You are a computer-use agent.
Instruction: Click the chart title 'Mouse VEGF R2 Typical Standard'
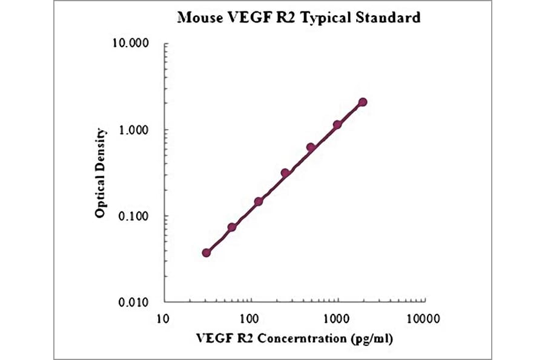tap(299, 17)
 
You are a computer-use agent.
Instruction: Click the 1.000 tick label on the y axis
tap(134, 130)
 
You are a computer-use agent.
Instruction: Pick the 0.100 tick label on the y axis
tap(134, 216)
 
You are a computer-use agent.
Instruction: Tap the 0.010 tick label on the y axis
tap(134, 302)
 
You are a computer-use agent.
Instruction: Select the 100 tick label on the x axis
tap(249, 318)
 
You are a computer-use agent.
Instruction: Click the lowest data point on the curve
tap(206, 253)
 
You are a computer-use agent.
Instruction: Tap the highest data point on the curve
tap(363, 102)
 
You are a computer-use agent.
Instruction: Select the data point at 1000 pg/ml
tap(337, 124)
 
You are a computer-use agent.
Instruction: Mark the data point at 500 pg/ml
tap(311, 147)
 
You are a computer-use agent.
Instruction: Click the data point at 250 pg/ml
tap(285, 173)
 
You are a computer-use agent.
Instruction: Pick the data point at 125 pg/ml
tap(259, 201)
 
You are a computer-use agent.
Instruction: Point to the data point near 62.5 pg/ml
tap(232, 227)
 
